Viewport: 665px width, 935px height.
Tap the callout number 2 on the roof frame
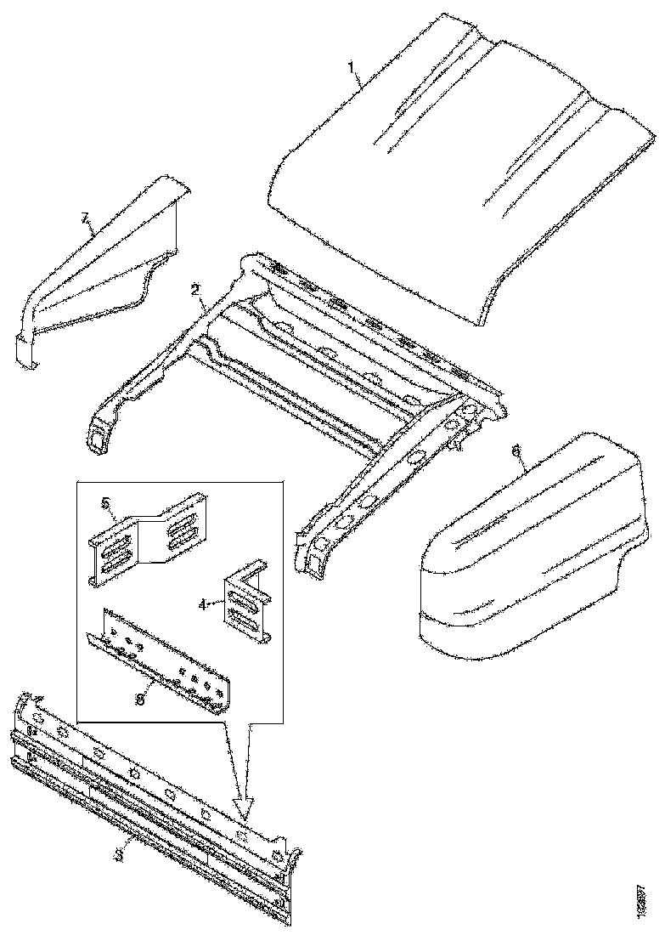(196, 290)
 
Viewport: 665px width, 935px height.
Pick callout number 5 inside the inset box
(106, 503)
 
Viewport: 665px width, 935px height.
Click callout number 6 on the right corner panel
(516, 451)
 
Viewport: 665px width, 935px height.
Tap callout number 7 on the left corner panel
(85, 219)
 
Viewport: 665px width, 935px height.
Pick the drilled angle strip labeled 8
(161, 659)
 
